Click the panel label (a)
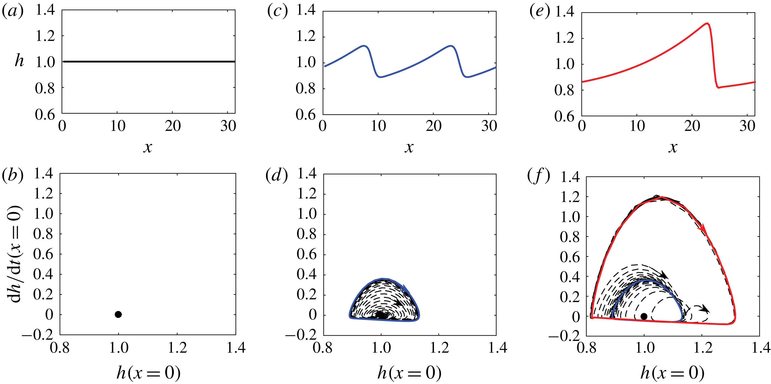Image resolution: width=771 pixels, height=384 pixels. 13,12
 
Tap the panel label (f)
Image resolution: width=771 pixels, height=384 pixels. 538,176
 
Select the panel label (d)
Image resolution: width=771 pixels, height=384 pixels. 277,176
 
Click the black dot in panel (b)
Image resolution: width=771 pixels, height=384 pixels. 118,314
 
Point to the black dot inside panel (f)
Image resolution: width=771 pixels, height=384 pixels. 644,316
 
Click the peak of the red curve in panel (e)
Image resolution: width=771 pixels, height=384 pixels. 707,23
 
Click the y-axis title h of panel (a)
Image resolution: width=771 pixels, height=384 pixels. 19,61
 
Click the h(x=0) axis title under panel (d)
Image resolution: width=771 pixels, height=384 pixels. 409,373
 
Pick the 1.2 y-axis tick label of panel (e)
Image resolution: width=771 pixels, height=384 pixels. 564,38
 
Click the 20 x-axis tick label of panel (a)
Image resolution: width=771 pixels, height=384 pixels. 173,126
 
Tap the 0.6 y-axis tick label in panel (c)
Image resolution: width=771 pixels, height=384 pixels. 306,115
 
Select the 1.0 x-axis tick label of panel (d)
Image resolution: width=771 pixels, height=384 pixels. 381,348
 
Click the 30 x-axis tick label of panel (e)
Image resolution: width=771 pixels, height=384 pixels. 747,126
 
